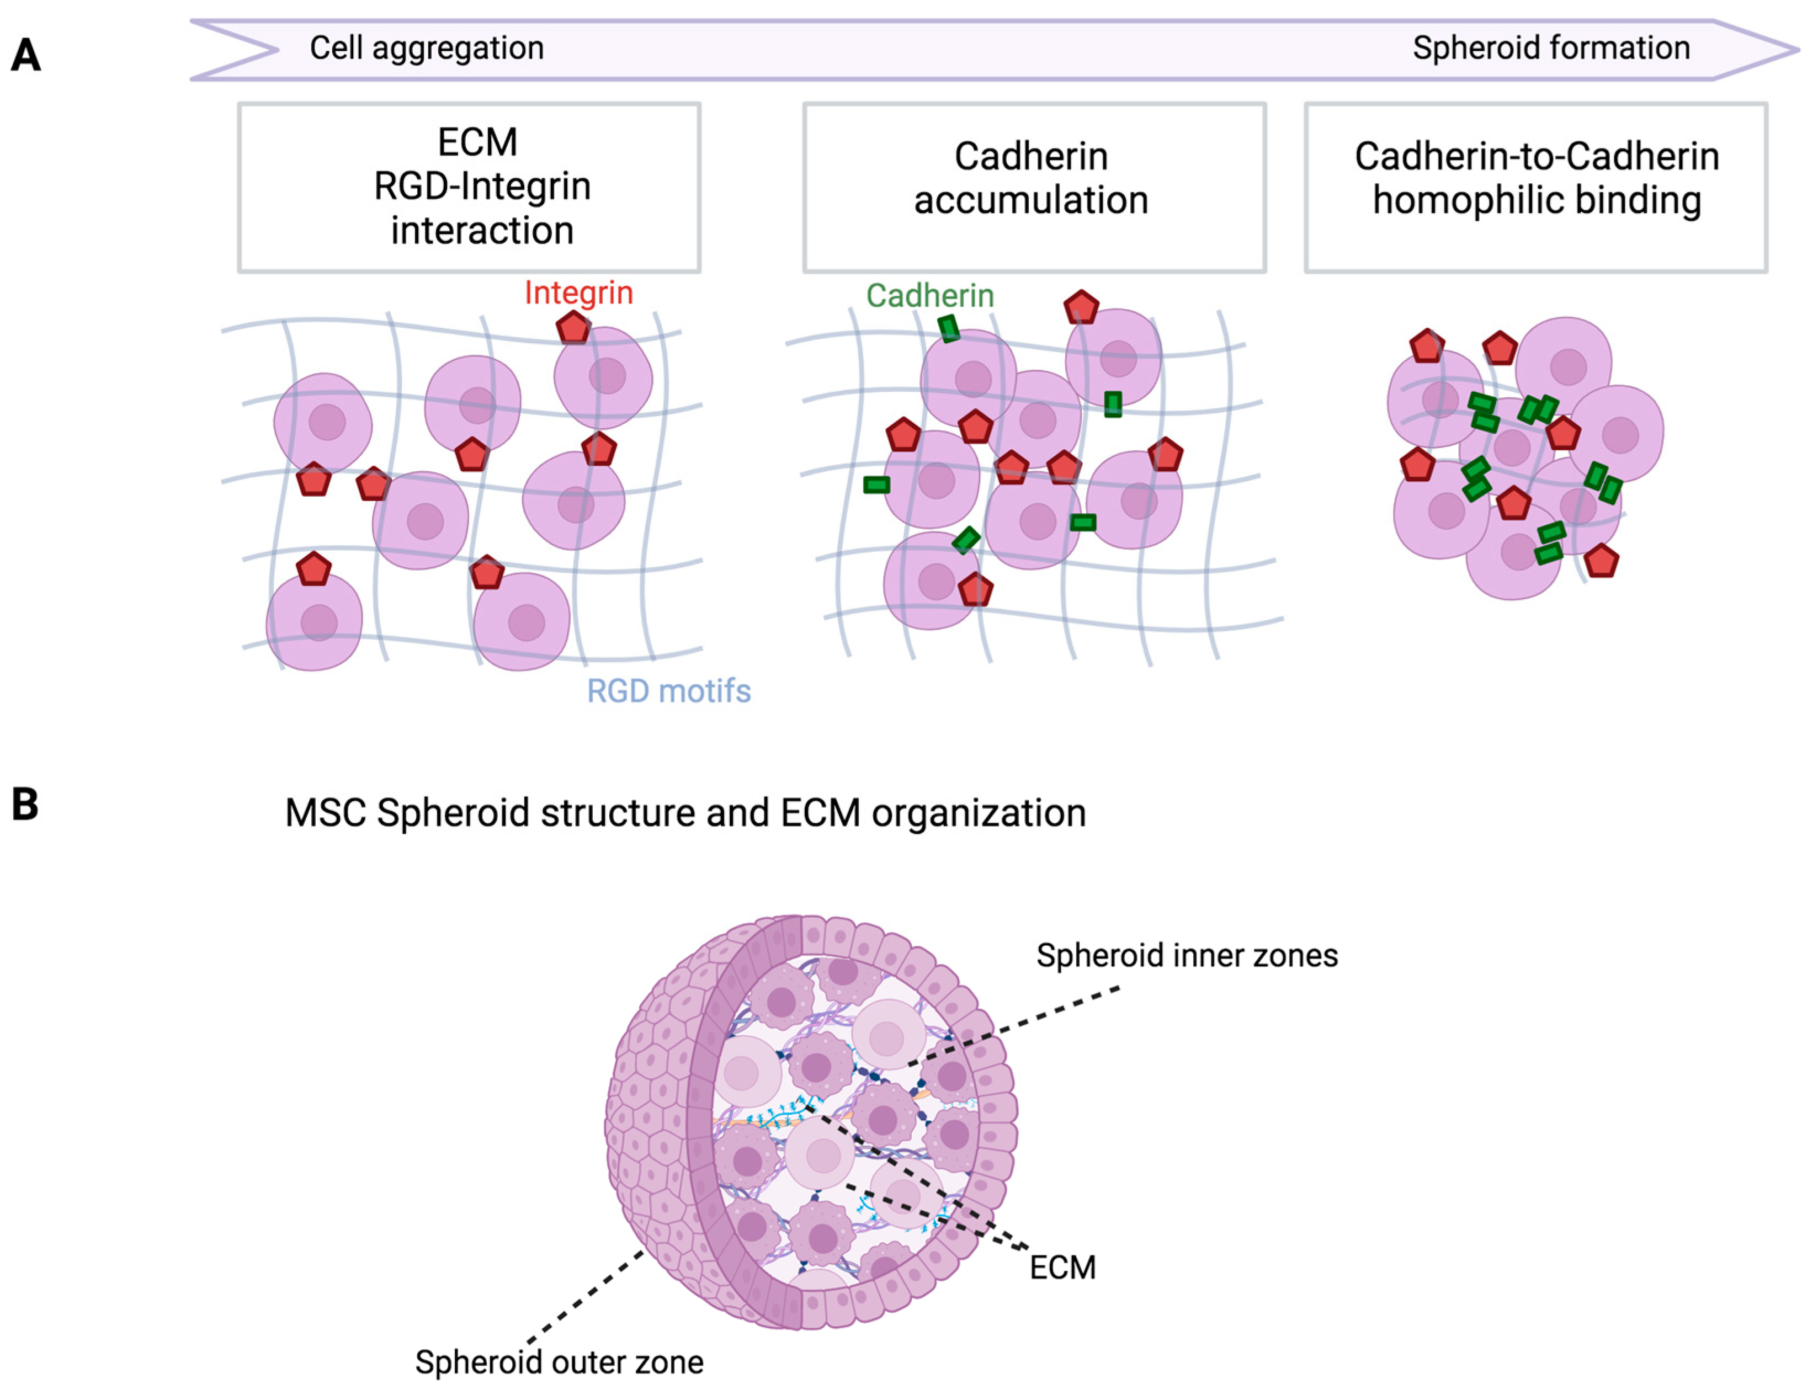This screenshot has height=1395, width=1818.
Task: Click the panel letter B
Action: click(25, 804)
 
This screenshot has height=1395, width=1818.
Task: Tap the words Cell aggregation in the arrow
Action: click(426, 48)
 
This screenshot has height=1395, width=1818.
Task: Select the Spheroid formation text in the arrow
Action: click(1550, 48)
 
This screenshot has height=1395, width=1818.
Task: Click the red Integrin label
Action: click(578, 292)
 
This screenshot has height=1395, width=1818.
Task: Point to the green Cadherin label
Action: click(929, 296)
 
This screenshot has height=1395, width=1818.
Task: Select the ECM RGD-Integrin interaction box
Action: click(469, 187)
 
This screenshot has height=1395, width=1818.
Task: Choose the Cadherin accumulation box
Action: click(1034, 187)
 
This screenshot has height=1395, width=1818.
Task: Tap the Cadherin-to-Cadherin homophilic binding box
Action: click(1535, 187)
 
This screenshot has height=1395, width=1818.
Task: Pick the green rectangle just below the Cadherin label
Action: click(948, 329)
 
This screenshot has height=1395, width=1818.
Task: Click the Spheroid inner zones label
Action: click(1187, 956)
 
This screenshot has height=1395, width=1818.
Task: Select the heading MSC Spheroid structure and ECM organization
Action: click(685, 813)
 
